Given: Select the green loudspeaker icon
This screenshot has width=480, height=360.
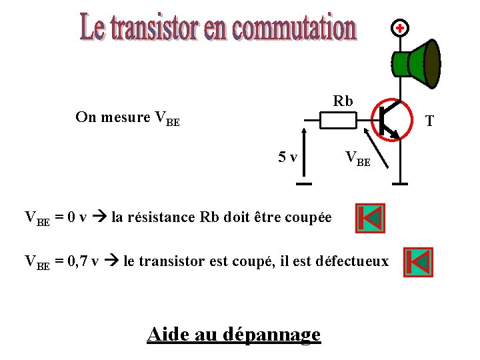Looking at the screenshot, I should click(417, 63).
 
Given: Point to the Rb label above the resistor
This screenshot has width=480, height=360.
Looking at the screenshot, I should click(343, 101).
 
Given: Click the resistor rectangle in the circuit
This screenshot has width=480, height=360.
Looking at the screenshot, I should click(338, 120).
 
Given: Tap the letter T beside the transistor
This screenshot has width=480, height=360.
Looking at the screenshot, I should click(429, 121).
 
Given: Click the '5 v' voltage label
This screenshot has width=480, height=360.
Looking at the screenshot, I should click(287, 157).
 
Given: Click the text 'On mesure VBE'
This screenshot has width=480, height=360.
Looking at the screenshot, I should click(127, 118).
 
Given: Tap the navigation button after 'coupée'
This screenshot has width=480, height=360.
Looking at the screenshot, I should click(370, 218).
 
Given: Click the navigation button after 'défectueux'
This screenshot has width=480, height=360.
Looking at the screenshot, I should click(418, 262).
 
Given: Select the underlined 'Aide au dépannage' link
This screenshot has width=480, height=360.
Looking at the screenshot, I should click(233, 333).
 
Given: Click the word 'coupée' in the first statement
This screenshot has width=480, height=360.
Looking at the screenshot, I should click(309, 217).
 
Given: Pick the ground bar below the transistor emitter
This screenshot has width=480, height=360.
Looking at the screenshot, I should click(401, 183).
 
